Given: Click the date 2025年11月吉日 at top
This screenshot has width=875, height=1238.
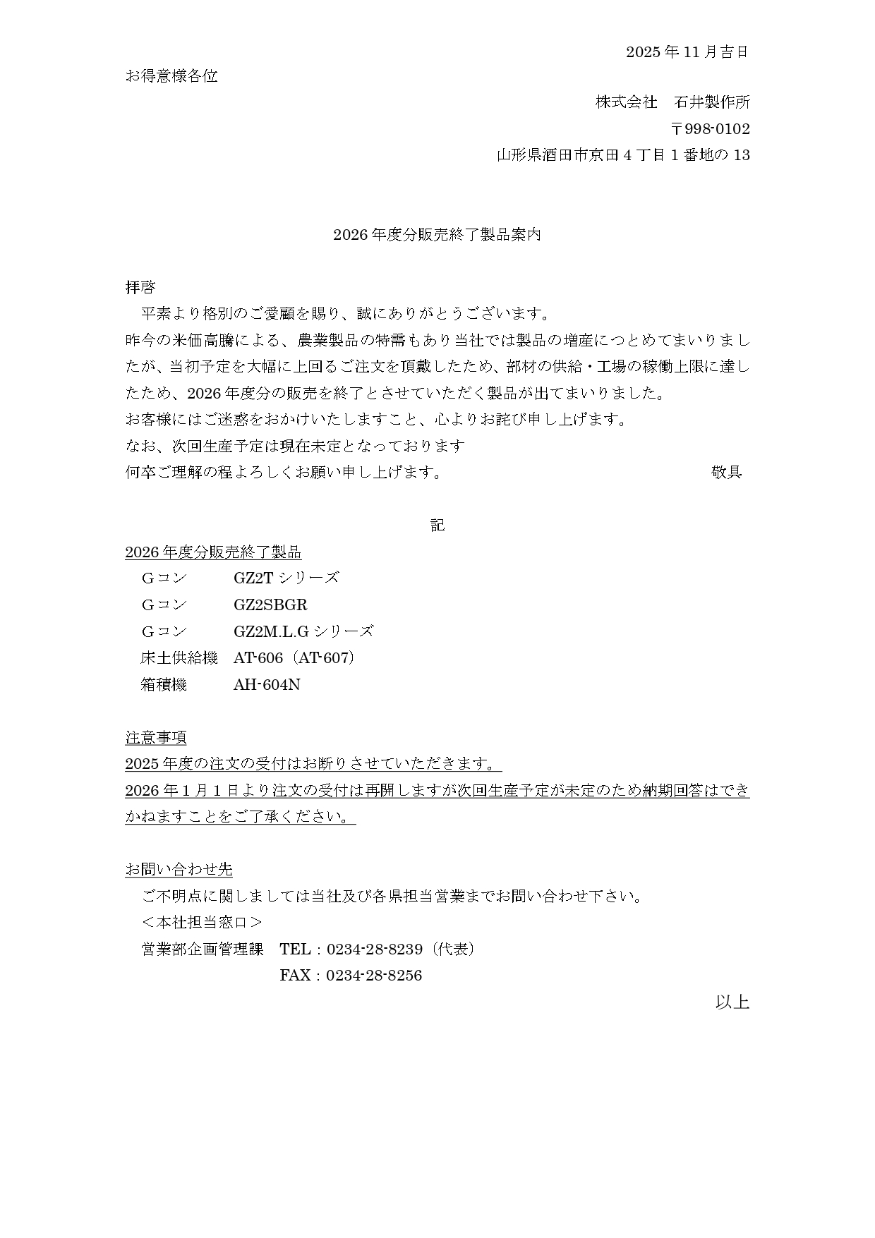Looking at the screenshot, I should [x=687, y=52].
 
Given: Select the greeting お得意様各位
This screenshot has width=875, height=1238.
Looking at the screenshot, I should [x=171, y=76].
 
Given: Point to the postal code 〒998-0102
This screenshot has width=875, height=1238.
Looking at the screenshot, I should [x=710, y=129].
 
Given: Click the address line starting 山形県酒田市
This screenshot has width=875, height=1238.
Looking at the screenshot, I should [x=623, y=155].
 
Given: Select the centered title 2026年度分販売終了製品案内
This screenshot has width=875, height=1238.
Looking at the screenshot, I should [x=437, y=235].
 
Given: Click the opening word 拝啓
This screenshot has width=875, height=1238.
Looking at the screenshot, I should [x=140, y=287].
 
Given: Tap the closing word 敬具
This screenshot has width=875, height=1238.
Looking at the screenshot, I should [x=726, y=473].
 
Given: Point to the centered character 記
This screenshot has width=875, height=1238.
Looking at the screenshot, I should [x=437, y=526].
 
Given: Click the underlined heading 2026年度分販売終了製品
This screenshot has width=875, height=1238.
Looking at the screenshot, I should [x=213, y=552].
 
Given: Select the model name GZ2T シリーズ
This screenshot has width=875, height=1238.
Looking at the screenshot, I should [x=286, y=578].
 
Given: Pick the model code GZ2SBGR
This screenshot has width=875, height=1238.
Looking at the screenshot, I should [x=270, y=605].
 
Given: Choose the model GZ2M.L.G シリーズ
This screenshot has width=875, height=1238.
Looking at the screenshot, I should [x=303, y=631].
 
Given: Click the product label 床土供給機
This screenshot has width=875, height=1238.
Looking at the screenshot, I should [x=179, y=658].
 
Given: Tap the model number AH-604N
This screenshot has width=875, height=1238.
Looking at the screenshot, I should [x=267, y=685].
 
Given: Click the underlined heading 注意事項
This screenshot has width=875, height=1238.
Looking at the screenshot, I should [x=156, y=738].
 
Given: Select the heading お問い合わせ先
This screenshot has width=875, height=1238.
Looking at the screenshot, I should [x=179, y=870].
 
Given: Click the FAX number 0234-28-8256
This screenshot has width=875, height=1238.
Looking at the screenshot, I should [x=374, y=976].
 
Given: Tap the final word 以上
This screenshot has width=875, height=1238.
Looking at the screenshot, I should [x=732, y=1002].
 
